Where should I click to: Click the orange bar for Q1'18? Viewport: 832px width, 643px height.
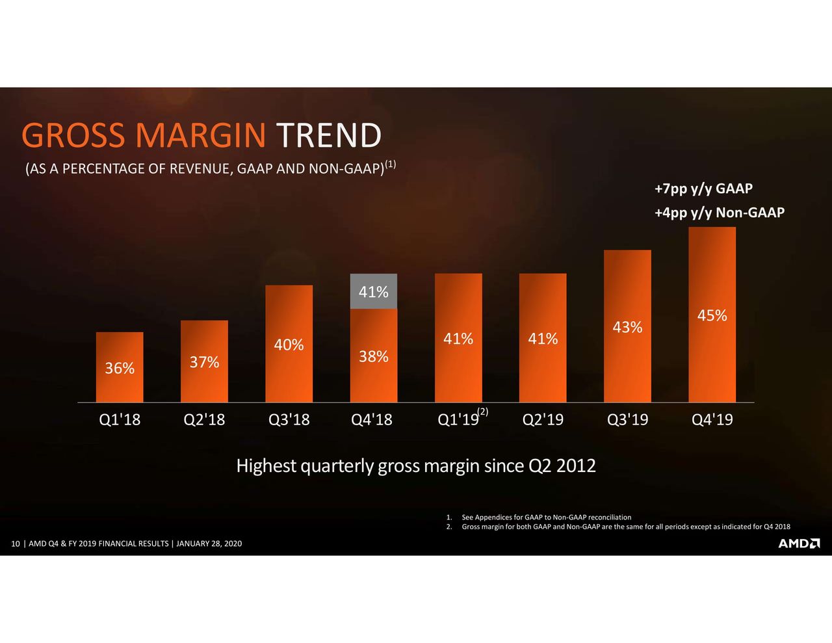click(120, 367)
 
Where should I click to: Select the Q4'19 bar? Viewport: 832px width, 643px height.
click(712, 315)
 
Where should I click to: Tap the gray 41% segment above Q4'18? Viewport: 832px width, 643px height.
click(373, 291)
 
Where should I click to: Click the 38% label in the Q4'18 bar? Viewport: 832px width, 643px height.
click(373, 357)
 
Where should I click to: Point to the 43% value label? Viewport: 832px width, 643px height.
click(627, 327)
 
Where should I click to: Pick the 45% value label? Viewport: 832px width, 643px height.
click(712, 315)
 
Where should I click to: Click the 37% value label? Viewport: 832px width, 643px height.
click(204, 362)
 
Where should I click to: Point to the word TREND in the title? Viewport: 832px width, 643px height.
click(329, 135)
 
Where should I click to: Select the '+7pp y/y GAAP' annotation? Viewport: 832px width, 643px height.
click(703, 189)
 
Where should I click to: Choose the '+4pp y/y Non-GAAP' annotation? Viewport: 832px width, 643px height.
click(720, 213)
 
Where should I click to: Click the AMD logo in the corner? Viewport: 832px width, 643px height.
click(799, 544)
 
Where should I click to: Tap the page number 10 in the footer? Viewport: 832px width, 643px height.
click(16, 544)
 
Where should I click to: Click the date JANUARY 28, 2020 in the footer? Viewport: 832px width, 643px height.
click(209, 544)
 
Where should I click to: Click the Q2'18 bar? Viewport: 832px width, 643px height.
click(204, 361)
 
